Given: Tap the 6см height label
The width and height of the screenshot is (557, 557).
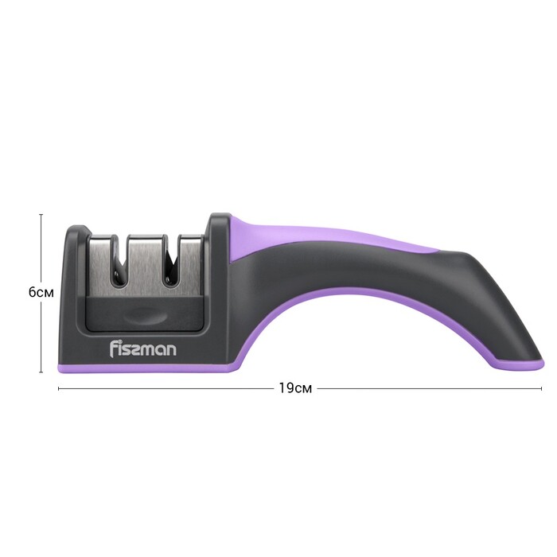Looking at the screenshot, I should [x=41, y=292].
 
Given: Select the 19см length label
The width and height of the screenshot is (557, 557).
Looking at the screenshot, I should [x=294, y=388].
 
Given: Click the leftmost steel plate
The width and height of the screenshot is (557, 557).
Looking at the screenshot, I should [x=100, y=263].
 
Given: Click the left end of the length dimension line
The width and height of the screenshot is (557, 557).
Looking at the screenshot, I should [x=59, y=388].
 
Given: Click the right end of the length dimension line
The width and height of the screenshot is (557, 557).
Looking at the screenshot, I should [x=542, y=388].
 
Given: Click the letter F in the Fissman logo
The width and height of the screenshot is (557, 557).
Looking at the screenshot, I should [x=112, y=348].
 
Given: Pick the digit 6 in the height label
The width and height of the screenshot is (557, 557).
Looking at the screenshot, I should [x=32, y=292].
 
